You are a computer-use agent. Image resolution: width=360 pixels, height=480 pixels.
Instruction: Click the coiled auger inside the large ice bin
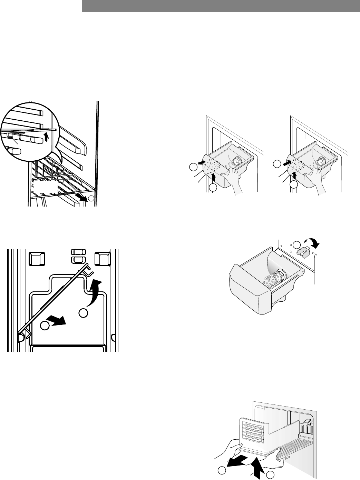[274, 279]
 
